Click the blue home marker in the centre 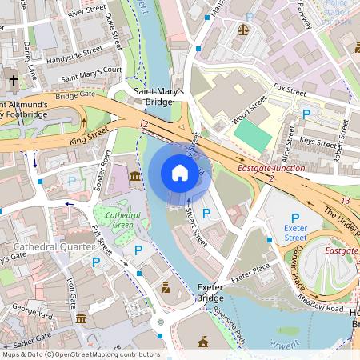coord(180,173)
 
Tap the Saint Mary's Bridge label coord(158,97)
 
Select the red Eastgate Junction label coord(271,169)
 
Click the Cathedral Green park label coord(117,219)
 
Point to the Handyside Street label coord(74,50)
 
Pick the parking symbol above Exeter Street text coord(294,218)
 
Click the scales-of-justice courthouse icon coord(244,29)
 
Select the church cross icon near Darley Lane coord(14,80)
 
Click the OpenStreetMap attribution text coord(80,354)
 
